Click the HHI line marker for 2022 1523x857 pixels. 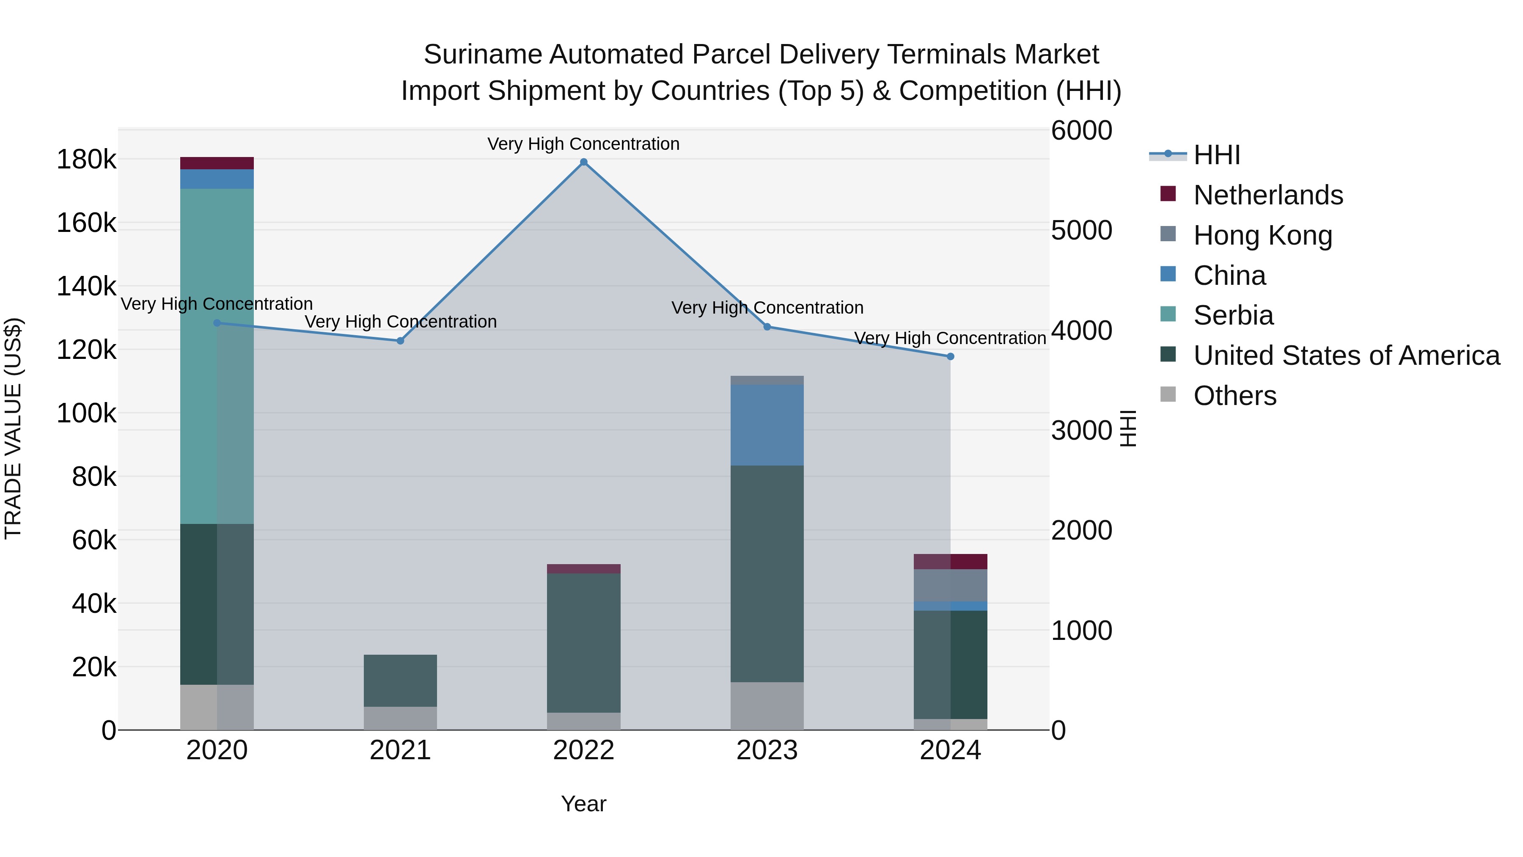583,162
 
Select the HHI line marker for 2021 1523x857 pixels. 400,341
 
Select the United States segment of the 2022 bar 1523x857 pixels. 583,642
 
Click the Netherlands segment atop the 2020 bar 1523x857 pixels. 216,163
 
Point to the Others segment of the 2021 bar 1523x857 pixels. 400,718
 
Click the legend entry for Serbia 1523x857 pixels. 1233,315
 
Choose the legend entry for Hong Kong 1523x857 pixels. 1262,235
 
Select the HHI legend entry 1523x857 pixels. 1216,155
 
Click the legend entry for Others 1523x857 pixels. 1234,396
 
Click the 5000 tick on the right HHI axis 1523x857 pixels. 1081,231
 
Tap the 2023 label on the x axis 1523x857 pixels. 767,750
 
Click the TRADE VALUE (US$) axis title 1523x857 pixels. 13,428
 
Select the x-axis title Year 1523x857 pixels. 583,804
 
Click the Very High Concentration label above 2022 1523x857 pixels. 583,144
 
